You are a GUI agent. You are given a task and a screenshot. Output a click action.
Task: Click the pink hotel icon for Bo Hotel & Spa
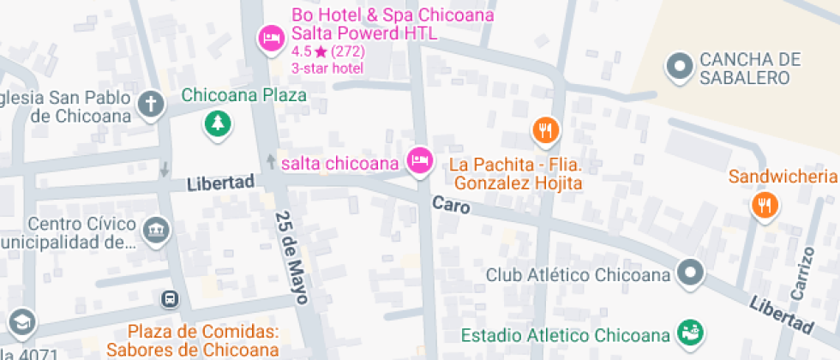coord(272,39)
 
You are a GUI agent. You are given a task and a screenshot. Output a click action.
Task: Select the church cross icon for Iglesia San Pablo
coord(152,105)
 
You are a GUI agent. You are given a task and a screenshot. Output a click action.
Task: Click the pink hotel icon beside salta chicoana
coord(419,160)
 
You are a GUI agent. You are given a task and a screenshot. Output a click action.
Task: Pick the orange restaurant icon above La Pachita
coord(546,131)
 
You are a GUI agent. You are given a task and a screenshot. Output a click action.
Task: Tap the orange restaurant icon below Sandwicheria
coord(764,205)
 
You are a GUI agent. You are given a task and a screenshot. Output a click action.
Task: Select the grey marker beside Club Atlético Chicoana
coord(690,274)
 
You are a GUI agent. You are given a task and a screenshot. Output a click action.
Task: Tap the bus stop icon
coord(170,299)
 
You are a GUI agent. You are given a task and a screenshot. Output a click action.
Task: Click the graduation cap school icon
coord(21,322)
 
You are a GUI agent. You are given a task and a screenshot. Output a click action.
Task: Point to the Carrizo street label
coord(802,273)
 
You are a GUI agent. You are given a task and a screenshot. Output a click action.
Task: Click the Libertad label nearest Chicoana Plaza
coord(221,183)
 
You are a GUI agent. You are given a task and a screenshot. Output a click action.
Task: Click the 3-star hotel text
coord(327,68)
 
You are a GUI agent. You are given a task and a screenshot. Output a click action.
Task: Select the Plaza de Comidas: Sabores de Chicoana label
coord(204,340)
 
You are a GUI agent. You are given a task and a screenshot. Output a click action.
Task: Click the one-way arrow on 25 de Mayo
coord(272,160)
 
